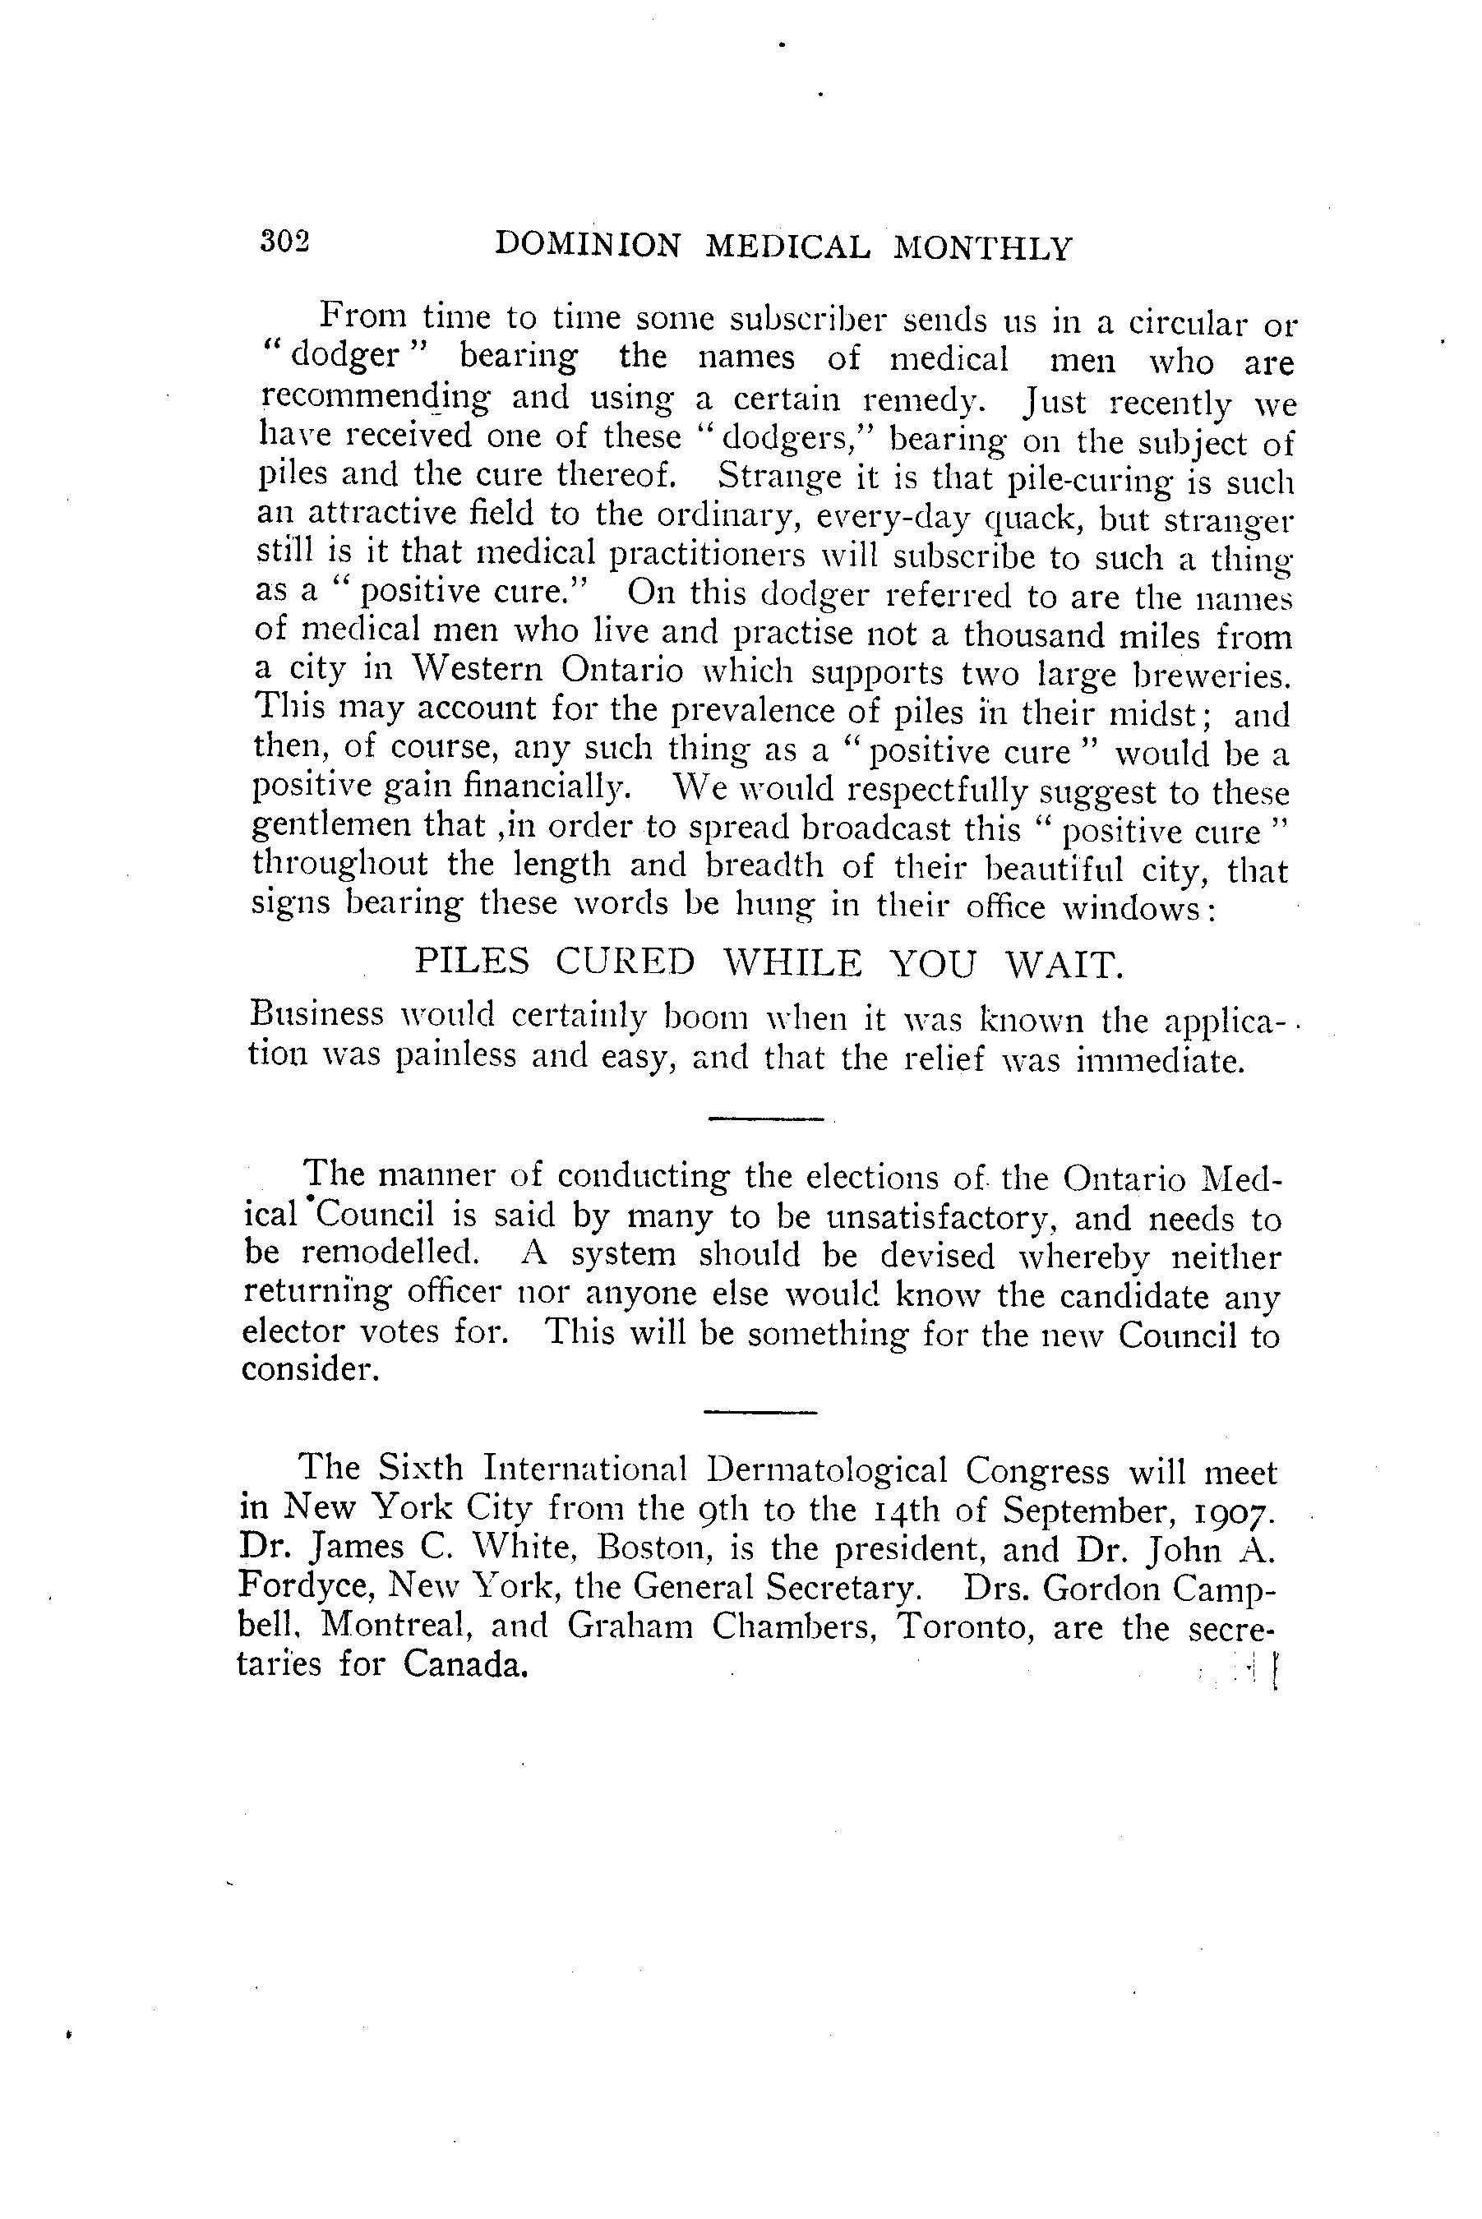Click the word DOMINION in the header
(588, 247)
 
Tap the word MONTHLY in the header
(983, 248)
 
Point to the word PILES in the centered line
(473, 962)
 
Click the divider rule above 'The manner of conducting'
(764, 1121)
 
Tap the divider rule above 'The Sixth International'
(759, 1413)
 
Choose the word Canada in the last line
(464, 1663)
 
